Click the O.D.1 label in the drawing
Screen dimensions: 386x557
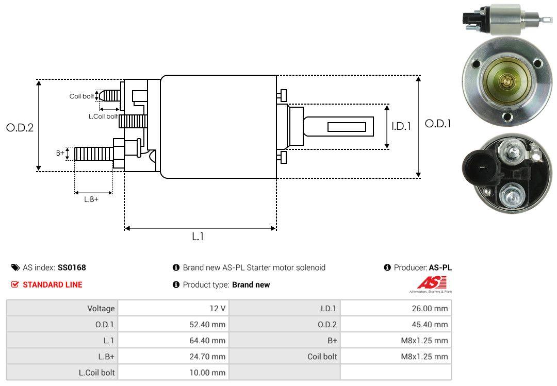(438, 124)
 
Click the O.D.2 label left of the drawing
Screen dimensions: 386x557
(20, 127)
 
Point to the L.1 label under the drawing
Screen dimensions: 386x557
(198, 237)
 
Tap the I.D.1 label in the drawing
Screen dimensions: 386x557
(401, 126)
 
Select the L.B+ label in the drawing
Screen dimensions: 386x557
(91, 199)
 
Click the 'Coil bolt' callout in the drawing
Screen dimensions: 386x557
(81, 96)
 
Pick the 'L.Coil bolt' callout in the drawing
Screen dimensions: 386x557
(103, 116)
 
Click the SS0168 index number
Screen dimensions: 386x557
(72, 267)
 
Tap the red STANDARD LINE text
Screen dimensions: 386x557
(52, 284)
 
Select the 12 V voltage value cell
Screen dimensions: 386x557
(173, 308)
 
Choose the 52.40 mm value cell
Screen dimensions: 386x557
(173, 324)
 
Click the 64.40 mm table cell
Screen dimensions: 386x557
(173, 340)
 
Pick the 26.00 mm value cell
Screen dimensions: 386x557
(396, 308)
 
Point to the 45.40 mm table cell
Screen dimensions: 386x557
(396, 324)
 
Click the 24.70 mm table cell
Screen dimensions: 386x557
(173, 356)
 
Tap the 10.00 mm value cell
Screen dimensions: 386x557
(173, 372)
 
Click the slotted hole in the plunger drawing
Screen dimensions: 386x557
(347, 127)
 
